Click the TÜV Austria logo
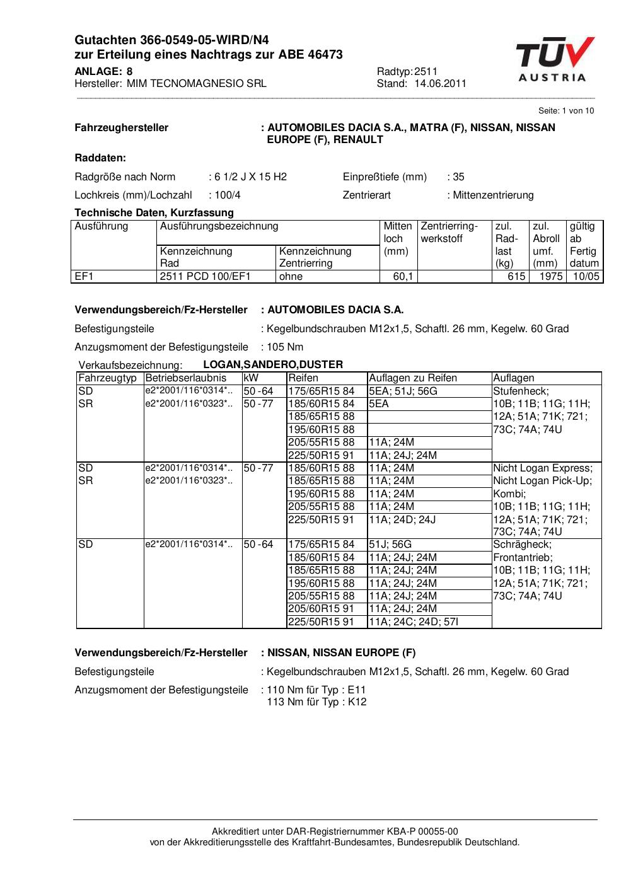coord(555,59)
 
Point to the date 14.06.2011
coord(440,83)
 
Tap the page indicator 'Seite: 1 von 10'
coord(565,110)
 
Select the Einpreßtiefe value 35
coord(458,176)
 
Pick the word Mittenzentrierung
coord(493,195)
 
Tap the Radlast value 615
coord(516,276)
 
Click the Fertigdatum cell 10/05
coord(586,276)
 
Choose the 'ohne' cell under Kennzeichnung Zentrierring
coord(291,276)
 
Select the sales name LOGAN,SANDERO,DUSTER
coord(273,364)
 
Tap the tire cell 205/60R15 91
coord(322,608)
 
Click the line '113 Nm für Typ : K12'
coord(316,702)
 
